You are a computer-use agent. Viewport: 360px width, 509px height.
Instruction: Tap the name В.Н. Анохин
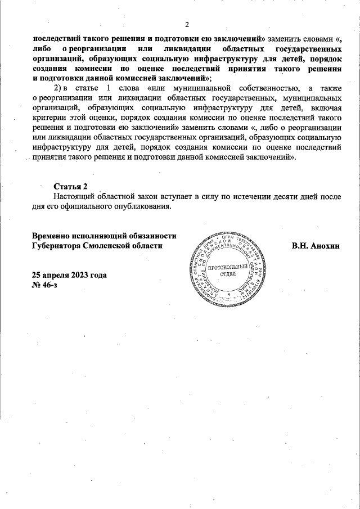[x=316, y=246]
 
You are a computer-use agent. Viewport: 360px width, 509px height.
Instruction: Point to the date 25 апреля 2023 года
[x=70, y=276]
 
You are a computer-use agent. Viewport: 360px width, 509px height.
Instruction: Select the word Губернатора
[x=56, y=246]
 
